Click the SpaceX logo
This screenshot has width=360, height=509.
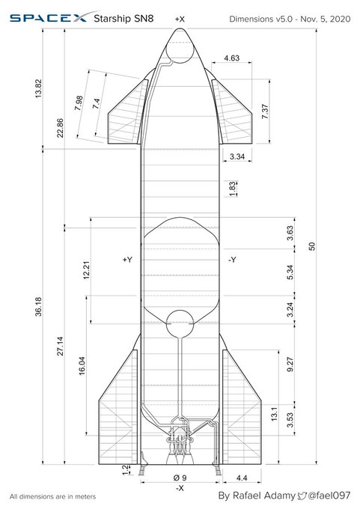tap(48, 17)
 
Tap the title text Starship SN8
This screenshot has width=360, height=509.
tap(123, 19)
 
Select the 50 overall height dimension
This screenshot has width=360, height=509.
tap(312, 246)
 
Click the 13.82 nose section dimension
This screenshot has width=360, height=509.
tap(38, 88)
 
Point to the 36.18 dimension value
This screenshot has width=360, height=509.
tap(38, 306)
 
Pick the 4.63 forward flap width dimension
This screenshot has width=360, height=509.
tap(232, 58)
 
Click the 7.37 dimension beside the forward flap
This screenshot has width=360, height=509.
tap(265, 112)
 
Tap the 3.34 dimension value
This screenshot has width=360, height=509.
tap(237, 156)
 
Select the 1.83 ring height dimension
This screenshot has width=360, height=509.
tap(233, 189)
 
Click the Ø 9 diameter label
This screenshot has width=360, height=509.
tap(180, 478)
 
